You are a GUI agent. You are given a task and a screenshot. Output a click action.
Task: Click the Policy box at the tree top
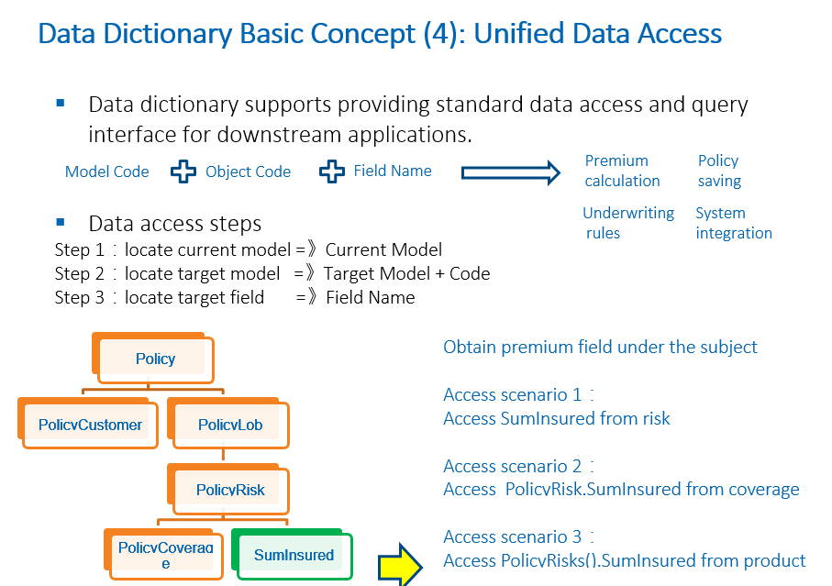coord(154,359)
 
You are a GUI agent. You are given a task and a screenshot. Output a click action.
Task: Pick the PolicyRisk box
coord(229,490)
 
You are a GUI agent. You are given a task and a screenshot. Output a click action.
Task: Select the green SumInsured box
coord(294,555)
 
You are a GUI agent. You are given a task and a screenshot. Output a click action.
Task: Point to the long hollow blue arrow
coord(510,172)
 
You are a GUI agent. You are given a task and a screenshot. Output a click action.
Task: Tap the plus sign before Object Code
coord(184,171)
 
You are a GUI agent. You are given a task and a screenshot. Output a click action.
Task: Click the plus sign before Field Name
coord(332,171)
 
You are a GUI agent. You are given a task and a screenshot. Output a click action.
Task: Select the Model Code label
coord(106,171)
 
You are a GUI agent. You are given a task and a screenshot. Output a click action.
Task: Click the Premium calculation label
coord(622,171)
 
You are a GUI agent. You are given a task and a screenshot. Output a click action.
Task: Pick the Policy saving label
coord(718,171)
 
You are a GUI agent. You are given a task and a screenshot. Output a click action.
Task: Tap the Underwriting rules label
coord(627,223)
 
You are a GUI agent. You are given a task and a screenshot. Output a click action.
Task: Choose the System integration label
coord(733,223)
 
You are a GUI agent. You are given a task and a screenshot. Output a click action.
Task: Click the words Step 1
coord(72,249)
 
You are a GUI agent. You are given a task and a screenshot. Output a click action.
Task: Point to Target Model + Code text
coord(406,273)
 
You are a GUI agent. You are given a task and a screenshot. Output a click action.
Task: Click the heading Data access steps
coord(174,224)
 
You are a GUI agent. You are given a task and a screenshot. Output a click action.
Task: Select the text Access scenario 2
coord(512,466)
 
